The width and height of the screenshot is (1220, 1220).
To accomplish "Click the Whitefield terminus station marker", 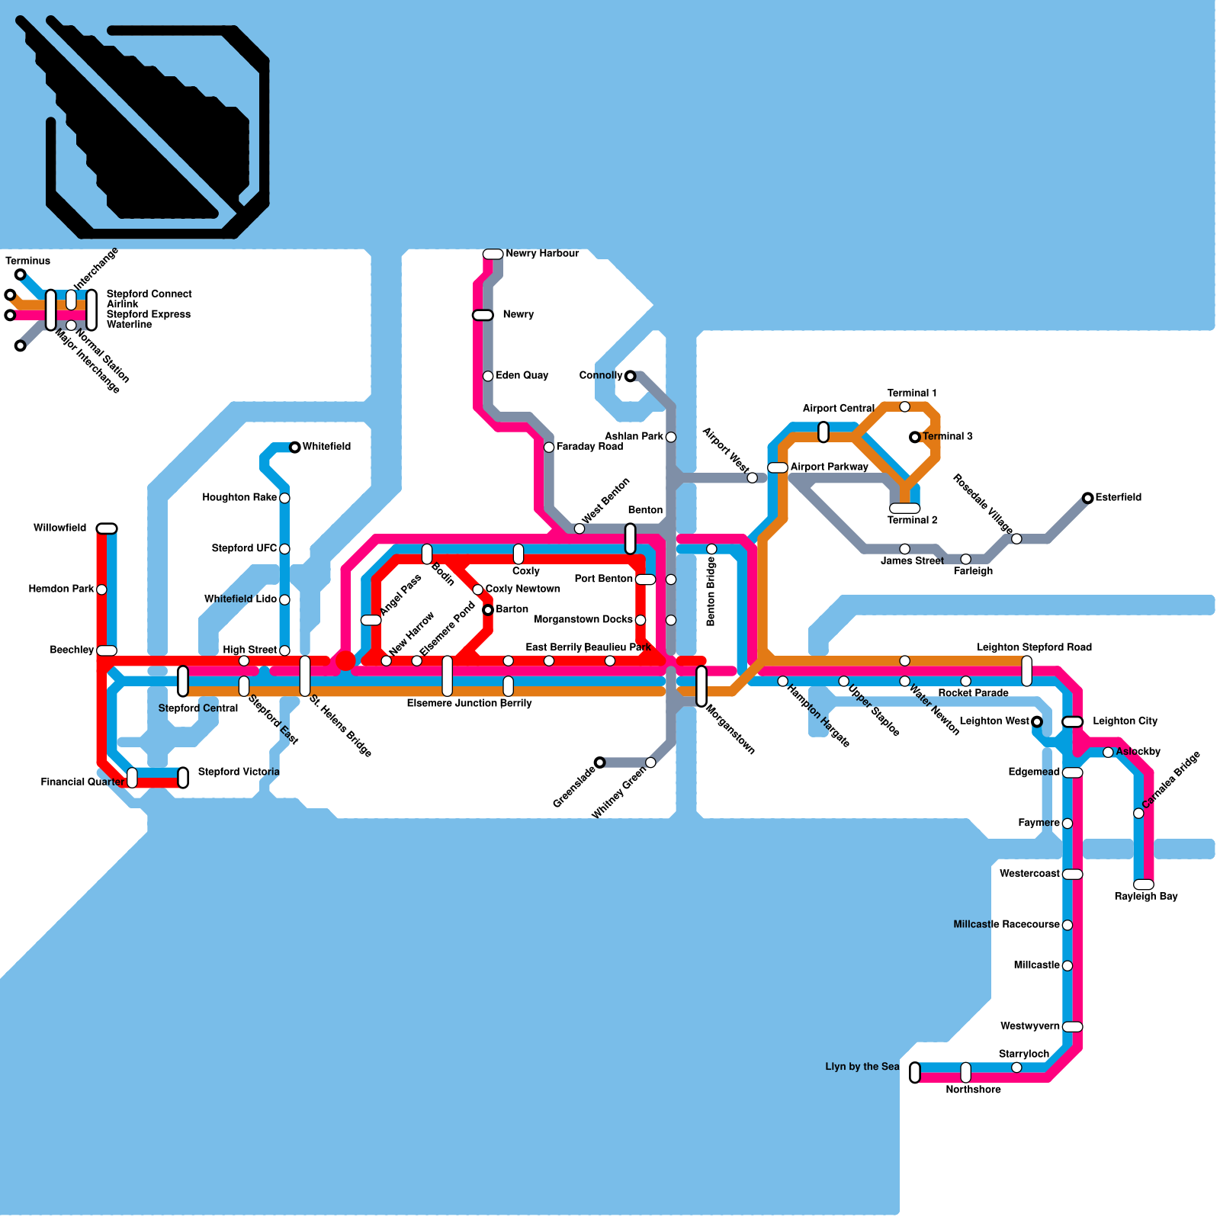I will pyautogui.click(x=295, y=447).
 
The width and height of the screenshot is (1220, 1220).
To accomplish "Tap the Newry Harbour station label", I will pyautogui.click(x=542, y=253).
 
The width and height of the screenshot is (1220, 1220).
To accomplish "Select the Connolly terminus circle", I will pyautogui.click(x=630, y=376).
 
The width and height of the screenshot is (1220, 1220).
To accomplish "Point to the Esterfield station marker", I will pyautogui.click(x=1087, y=498).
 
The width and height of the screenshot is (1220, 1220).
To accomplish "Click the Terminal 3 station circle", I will pyautogui.click(x=914, y=437).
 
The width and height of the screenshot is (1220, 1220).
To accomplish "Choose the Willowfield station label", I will pyautogui.click(x=59, y=528).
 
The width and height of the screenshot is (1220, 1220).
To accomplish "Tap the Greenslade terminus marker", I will pyautogui.click(x=599, y=762).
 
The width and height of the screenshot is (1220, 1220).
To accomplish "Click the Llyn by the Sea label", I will pyautogui.click(x=862, y=1067).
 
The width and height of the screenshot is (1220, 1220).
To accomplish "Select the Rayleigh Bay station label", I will pyautogui.click(x=1145, y=897).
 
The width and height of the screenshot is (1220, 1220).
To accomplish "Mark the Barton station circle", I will pyautogui.click(x=488, y=610).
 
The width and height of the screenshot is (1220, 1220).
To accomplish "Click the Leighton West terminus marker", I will pyautogui.click(x=1036, y=721).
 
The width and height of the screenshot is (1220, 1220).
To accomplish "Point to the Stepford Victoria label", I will pyautogui.click(x=239, y=772).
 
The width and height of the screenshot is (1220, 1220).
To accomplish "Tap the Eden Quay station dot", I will pyautogui.click(x=488, y=376).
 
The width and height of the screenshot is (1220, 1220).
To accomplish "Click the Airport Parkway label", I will pyautogui.click(x=829, y=467).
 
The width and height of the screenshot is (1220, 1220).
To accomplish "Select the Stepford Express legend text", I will pyautogui.click(x=149, y=314).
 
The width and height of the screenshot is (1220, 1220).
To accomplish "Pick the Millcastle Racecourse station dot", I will pyautogui.click(x=1067, y=925).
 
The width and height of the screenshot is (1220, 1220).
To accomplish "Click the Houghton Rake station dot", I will pyautogui.click(x=284, y=498).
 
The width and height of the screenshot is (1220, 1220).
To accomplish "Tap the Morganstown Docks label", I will pyautogui.click(x=583, y=619).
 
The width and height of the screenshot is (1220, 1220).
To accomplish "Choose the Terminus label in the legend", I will pyautogui.click(x=28, y=261).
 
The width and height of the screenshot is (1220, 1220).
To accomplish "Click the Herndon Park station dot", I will pyautogui.click(x=101, y=589).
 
